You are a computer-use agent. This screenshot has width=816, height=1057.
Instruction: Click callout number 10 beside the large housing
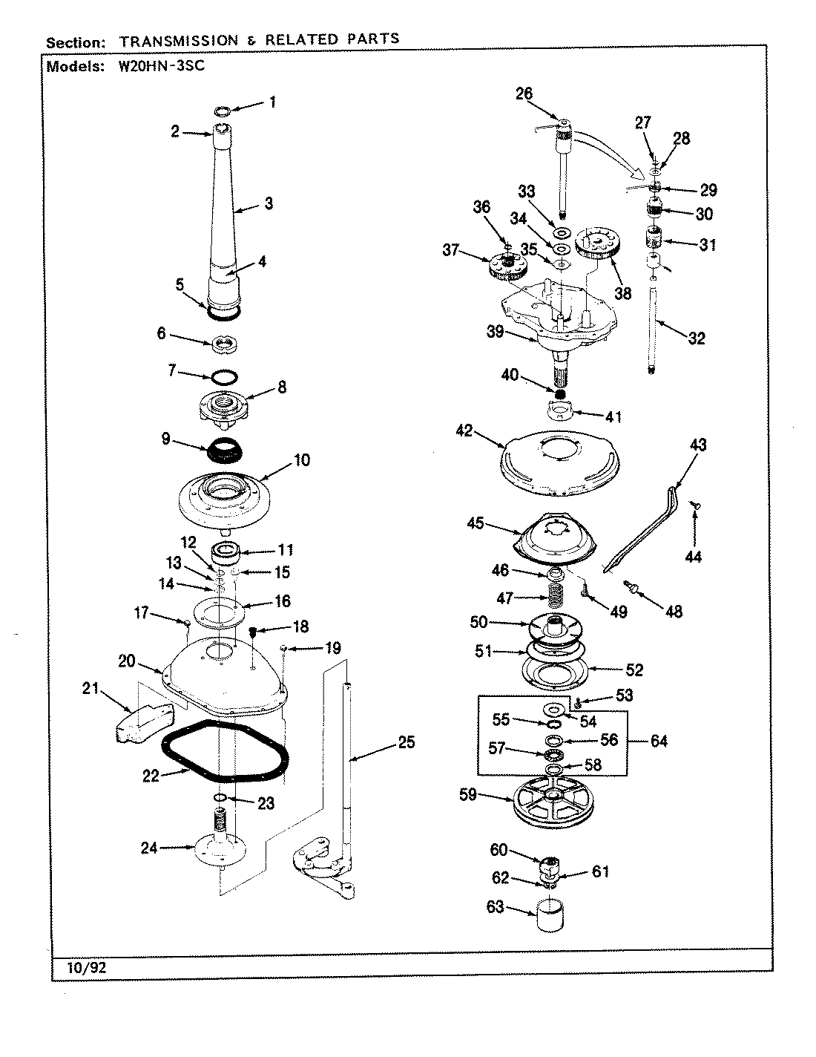point(301,460)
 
